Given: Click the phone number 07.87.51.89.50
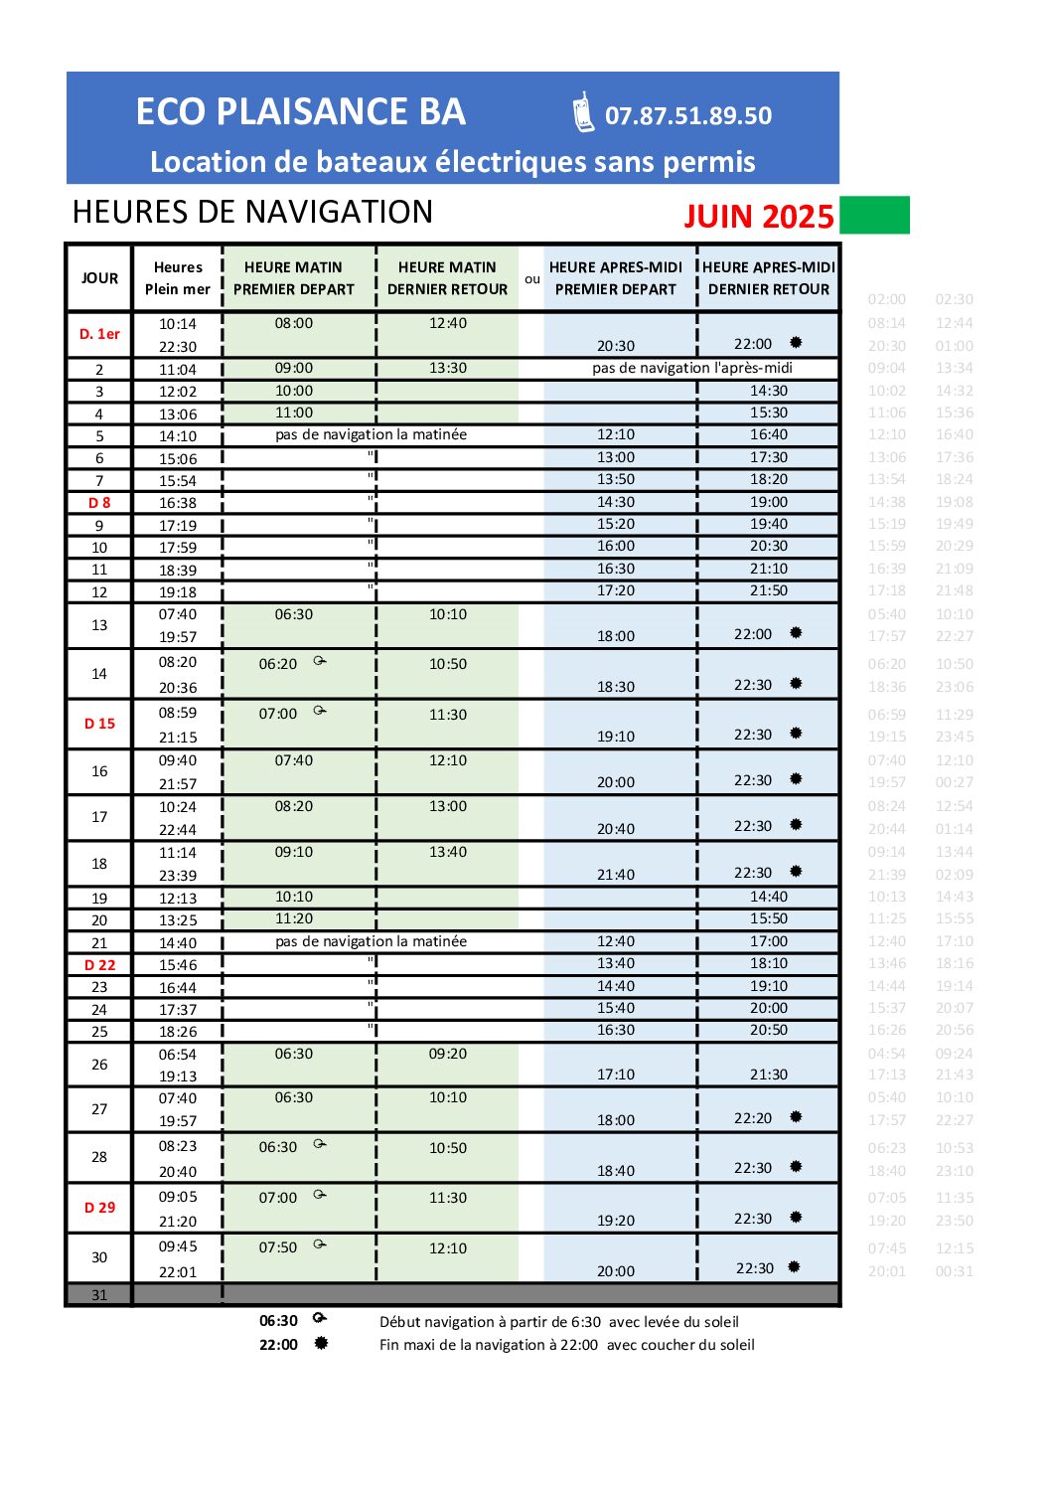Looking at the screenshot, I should pyautogui.click(x=687, y=116).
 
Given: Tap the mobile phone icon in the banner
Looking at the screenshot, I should pyautogui.click(x=583, y=112).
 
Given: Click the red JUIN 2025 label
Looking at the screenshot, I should pyautogui.click(x=758, y=217).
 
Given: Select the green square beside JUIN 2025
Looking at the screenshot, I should pyautogui.click(x=874, y=215).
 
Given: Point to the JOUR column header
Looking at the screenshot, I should pyautogui.click(x=99, y=278).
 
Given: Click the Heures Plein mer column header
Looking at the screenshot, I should pyautogui.click(x=178, y=278).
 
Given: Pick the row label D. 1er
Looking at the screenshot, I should pyautogui.click(x=99, y=334).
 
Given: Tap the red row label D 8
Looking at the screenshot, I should pyautogui.click(x=99, y=503).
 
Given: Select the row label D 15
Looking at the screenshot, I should pyautogui.click(x=99, y=724).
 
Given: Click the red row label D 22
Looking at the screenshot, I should pyautogui.click(x=99, y=965).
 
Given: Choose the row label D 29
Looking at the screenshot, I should pyautogui.click(x=99, y=1208).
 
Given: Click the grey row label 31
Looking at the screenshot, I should pyautogui.click(x=99, y=1295).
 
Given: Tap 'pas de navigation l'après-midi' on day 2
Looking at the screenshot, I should pyautogui.click(x=692, y=368).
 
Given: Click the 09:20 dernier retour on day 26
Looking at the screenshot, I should pyautogui.click(x=448, y=1054).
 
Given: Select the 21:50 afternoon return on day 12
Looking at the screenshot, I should pyautogui.click(x=769, y=590).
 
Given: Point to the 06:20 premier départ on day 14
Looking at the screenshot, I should pyautogui.click(x=278, y=664).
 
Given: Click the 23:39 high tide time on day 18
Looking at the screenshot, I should pyautogui.click(x=178, y=876).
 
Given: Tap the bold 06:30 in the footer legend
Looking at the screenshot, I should pyautogui.click(x=278, y=1321).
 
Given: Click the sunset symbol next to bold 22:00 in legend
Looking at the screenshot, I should pyautogui.click(x=321, y=1344).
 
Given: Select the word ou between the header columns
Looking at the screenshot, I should pyautogui.click(x=532, y=279).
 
